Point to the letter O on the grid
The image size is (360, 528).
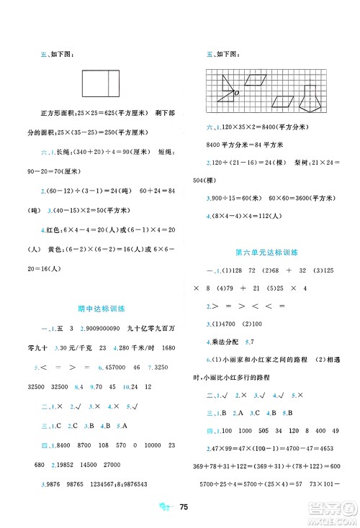click(235, 93)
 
